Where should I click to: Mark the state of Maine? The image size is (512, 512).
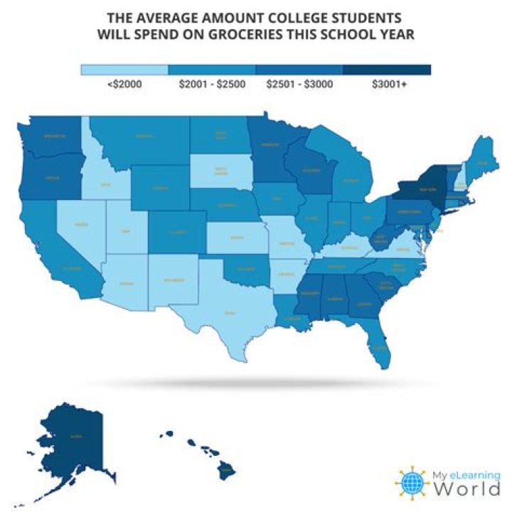(x=482, y=160)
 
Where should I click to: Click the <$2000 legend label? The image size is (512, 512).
(x=124, y=84)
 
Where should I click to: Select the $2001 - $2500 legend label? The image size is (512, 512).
(x=211, y=84)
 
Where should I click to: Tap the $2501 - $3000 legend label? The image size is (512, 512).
(x=299, y=84)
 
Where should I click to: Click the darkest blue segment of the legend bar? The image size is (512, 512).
(x=387, y=70)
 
